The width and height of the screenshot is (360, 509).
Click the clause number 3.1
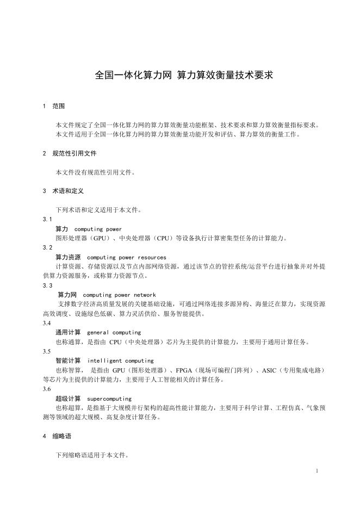[47, 219]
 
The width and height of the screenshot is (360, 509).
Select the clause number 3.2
[47, 247]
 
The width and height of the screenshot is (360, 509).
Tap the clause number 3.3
[47, 285]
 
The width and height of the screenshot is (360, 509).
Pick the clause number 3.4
[47, 322]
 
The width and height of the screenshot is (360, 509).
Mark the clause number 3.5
[47, 351]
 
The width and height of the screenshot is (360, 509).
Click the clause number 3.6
[47, 389]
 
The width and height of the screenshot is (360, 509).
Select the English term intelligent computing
[120, 361]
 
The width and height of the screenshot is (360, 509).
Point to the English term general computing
[114, 332]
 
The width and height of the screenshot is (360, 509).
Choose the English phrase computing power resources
[126, 257]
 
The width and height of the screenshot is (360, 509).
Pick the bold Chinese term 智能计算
[68, 361]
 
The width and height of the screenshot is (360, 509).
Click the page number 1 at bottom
[316, 471]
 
